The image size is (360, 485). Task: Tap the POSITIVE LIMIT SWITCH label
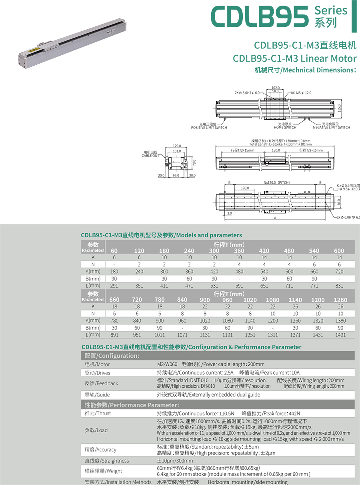(209, 128)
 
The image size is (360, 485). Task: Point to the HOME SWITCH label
(285, 128)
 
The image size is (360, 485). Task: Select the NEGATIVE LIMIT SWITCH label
(331, 128)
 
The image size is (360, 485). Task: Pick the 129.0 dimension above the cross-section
(177, 146)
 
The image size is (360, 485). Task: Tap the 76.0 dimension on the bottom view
(338, 203)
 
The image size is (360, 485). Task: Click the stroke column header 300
(214, 251)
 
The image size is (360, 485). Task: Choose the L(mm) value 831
(339, 286)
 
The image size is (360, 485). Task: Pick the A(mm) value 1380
(340, 321)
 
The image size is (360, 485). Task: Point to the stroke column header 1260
(340, 300)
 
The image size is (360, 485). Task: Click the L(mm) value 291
(114, 286)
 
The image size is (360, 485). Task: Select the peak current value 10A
(296, 373)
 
